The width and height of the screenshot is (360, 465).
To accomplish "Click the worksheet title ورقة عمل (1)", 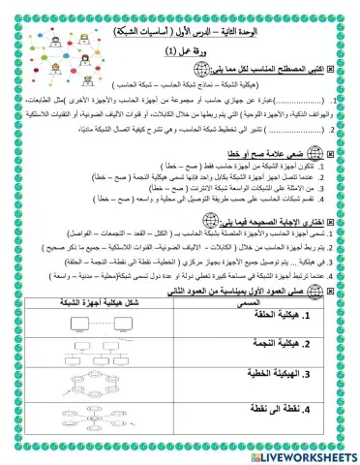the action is pyautogui.click(x=183, y=51).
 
